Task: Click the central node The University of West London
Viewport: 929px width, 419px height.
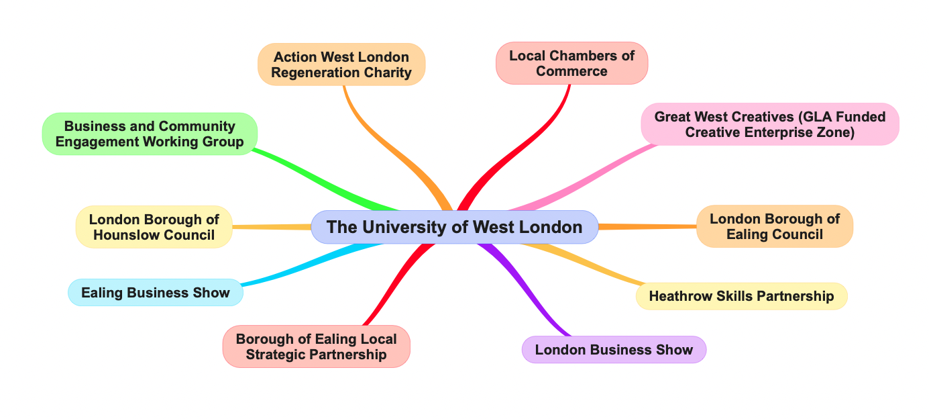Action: point(454,227)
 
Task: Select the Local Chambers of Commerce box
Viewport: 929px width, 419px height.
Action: point(571,64)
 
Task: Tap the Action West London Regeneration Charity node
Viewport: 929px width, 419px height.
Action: point(341,64)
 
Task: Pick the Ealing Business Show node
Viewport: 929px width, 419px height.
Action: point(155,293)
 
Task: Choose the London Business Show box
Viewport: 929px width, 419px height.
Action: point(613,350)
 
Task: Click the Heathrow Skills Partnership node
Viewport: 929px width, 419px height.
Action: point(741,296)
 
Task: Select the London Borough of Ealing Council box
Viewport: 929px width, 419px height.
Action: point(774,226)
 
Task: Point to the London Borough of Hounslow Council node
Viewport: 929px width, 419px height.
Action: point(154,227)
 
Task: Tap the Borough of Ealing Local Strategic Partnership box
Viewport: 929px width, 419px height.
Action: point(316,346)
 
